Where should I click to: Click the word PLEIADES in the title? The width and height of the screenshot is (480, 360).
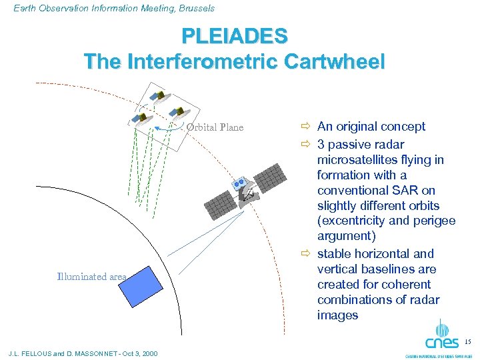(x=234, y=35)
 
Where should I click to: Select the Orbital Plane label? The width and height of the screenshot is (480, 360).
(x=215, y=127)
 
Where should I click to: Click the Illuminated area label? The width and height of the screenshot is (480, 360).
(x=91, y=277)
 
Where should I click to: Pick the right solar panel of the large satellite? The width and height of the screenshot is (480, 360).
(x=275, y=175)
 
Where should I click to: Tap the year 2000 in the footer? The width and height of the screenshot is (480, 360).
(x=147, y=353)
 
